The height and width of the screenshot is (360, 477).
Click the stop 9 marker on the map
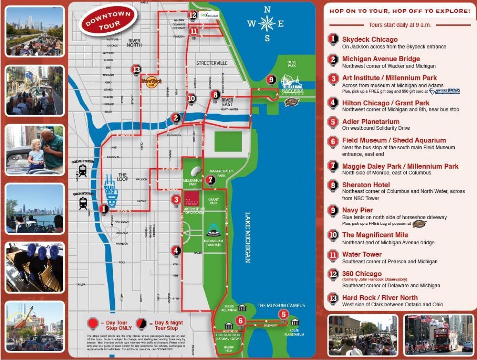[x=271, y=80]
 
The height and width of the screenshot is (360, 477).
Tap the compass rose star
[x=267, y=23]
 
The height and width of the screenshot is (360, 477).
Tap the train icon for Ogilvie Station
[x=83, y=171]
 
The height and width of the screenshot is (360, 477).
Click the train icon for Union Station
[x=83, y=203]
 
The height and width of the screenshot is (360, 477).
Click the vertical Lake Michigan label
[x=247, y=237]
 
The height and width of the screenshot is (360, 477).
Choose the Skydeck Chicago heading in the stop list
[x=370, y=39]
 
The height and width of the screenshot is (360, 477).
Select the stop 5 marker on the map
[x=283, y=314]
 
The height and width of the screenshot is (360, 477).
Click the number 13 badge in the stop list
[x=333, y=298]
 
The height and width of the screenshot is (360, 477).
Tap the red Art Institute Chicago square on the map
[x=192, y=198]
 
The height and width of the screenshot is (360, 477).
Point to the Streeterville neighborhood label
[x=211, y=63]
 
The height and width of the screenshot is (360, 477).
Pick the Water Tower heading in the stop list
[x=362, y=254]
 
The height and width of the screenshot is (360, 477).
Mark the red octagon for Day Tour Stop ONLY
[x=93, y=323]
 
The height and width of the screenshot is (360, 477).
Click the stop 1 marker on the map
[x=104, y=208]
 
